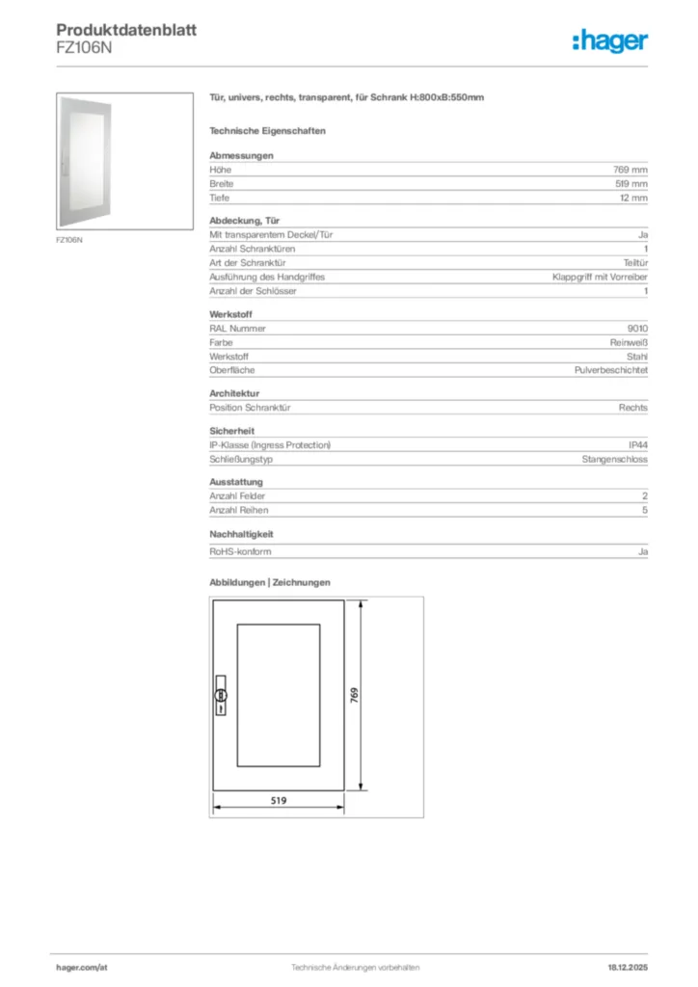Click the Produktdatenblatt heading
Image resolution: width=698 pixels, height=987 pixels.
[x=126, y=31]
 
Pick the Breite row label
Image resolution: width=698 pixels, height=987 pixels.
[x=222, y=183]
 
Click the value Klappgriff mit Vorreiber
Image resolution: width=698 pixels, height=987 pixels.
[x=600, y=277]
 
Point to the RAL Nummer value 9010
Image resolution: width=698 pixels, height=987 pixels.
[x=637, y=328]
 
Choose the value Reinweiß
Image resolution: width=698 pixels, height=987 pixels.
[x=629, y=342]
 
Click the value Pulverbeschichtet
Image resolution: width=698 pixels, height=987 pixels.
[x=610, y=370]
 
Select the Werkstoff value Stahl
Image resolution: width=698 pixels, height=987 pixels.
[x=637, y=357]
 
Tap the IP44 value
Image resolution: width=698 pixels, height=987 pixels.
[x=637, y=445]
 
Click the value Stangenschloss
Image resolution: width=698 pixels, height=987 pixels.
[x=614, y=460]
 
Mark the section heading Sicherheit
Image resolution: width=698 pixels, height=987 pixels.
[x=232, y=431]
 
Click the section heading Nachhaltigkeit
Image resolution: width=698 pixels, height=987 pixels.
[x=242, y=533]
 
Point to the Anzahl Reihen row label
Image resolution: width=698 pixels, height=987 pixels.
[x=239, y=510]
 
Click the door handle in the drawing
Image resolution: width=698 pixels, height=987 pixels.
[x=220, y=695]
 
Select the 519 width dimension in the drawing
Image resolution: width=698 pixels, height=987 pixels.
[x=279, y=800]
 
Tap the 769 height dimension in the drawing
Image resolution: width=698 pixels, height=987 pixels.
[x=354, y=695]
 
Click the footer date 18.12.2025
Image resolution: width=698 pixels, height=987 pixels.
[x=628, y=967]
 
